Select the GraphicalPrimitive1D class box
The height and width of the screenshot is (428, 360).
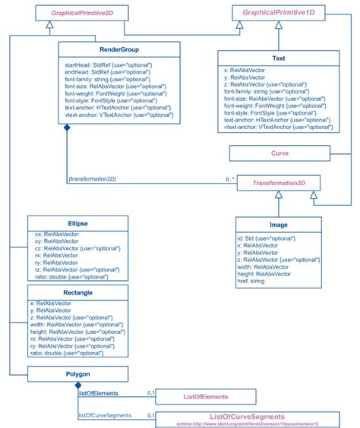(x=279, y=13)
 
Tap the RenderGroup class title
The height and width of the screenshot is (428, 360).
(x=118, y=50)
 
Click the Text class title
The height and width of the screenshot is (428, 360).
(x=278, y=57)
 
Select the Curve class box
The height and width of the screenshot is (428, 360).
(x=279, y=153)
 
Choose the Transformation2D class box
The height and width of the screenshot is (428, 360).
(x=279, y=183)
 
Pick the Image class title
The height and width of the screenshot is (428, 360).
(x=278, y=225)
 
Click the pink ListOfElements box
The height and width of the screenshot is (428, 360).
(x=206, y=397)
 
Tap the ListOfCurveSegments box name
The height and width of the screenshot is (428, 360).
(x=247, y=417)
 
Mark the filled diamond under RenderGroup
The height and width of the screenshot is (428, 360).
(x=68, y=130)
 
